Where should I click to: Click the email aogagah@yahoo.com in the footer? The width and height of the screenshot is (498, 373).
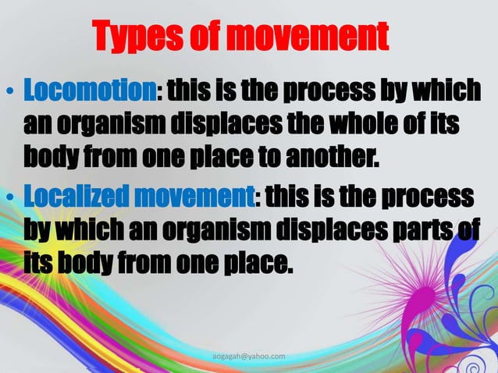[x=249, y=357]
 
